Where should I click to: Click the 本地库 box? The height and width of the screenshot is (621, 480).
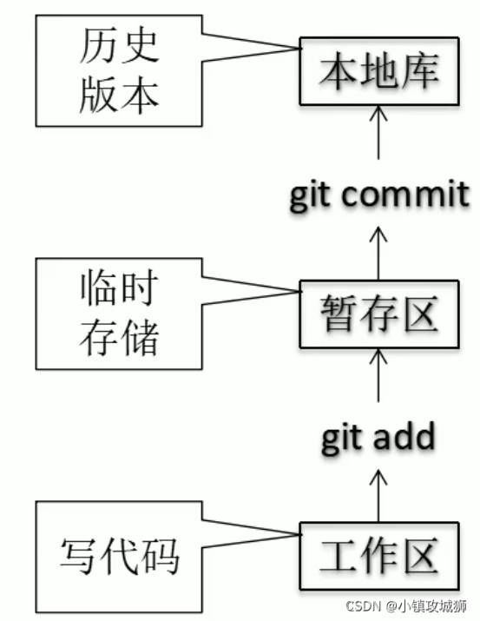378,70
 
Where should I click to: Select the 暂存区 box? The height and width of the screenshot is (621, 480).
378,314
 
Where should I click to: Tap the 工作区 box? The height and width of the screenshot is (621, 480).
378,555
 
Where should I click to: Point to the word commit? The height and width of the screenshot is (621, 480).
407,195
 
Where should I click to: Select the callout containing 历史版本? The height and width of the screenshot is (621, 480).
121,69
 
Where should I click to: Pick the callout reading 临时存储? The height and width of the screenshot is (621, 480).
121,313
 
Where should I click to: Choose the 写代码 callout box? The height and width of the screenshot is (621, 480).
121,555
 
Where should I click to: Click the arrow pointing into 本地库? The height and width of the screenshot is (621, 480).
378,130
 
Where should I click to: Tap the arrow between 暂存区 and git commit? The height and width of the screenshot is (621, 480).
378,252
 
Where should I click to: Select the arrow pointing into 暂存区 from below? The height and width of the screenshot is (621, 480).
378,373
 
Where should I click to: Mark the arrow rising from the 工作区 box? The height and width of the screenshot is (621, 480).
378,495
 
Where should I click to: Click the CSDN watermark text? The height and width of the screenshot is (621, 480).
362,605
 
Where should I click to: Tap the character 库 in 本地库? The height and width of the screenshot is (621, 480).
418,70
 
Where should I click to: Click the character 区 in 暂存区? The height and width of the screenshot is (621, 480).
418,314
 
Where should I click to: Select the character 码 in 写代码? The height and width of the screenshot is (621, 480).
160,556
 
